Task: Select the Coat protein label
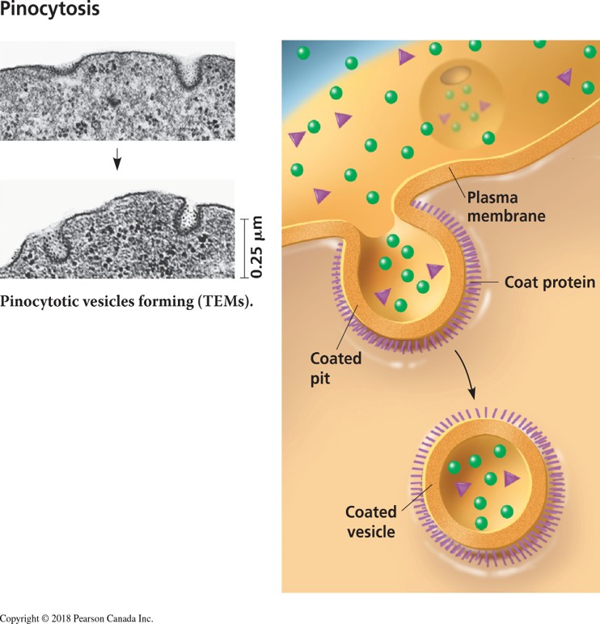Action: (x=549, y=282)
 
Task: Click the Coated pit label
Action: (x=336, y=366)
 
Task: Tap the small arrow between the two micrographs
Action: (x=117, y=159)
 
